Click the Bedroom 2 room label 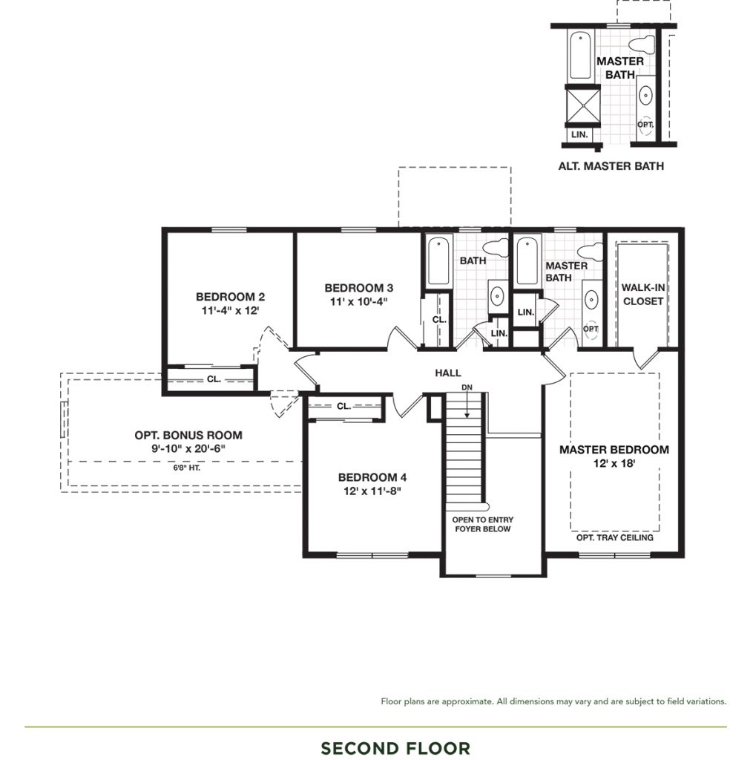[230, 297]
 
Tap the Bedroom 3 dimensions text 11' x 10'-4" [358, 301]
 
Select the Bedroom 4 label [372, 477]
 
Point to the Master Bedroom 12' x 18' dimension [614, 463]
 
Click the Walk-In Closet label [643, 294]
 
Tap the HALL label [448, 373]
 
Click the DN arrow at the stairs [467, 404]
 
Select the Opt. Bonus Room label [188, 435]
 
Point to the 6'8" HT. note [186, 468]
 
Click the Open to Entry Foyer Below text [483, 525]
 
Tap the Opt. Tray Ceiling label [614, 537]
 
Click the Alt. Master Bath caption [611, 166]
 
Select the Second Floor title [395, 748]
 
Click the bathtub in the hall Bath [439, 261]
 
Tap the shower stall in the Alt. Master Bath [583, 105]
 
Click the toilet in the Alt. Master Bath [642, 44]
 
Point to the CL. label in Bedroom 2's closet [214, 379]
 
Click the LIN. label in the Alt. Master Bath [579, 134]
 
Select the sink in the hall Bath [497, 295]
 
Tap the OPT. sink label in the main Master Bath [591, 329]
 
